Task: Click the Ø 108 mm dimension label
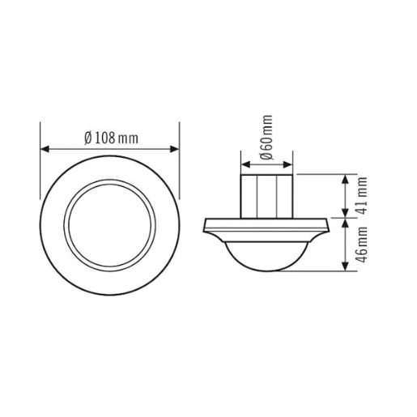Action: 110,137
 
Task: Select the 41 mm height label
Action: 363,195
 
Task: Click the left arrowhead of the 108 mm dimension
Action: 45,149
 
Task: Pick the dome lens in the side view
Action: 266,253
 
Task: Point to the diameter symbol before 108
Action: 87,137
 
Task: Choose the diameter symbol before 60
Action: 266,156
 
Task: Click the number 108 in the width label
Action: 104,137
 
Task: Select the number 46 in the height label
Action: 363,254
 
